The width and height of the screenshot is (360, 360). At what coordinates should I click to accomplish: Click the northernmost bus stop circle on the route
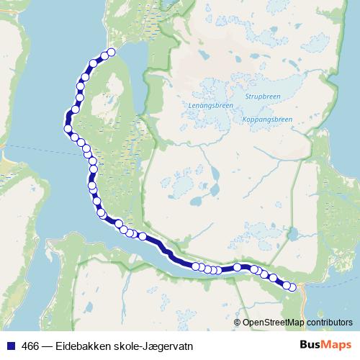[111, 53]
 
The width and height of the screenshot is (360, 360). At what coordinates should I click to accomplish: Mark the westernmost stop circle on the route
[68, 130]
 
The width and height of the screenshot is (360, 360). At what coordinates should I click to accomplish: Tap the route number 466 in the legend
[30, 346]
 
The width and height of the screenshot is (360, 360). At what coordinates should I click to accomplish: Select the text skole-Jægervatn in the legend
[156, 346]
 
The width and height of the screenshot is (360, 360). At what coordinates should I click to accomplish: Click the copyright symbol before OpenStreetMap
[238, 322]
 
